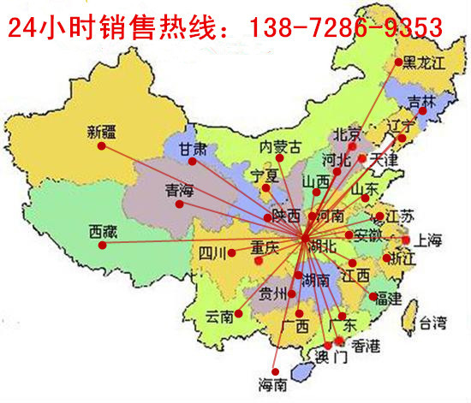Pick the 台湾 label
(x=432, y=323)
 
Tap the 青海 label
(x=178, y=190)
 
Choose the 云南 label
(x=219, y=317)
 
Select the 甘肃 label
(x=193, y=148)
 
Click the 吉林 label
(x=421, y=101)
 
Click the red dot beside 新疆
(x=101, y=146)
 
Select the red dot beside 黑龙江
(x=398, y=62)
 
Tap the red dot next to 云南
(x=239, y=313)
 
